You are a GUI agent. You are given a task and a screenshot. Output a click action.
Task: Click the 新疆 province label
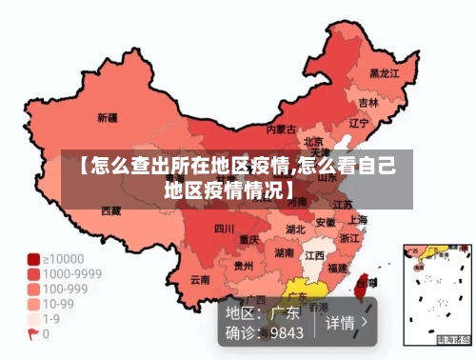(x=108, y=118)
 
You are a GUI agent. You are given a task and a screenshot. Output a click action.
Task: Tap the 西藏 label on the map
(x=111, y=210)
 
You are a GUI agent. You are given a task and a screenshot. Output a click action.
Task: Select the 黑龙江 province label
(x=384, y=72)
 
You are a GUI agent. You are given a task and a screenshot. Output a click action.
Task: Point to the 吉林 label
(x=368, y=102)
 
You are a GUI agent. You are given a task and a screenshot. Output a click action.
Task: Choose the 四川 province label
(x=224, y=229)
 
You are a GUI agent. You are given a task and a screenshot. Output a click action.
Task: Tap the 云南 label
(x=200, y=280)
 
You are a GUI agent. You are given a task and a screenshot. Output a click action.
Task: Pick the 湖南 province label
(x=284, y=253)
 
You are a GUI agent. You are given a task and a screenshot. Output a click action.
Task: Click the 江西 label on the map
(x=314, y=255)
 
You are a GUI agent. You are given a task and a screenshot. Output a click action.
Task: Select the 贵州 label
(x=244, y=266)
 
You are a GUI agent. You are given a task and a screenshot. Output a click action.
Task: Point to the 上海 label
(x=357, y=219)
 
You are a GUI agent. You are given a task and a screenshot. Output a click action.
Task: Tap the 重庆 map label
(x=249, y=238)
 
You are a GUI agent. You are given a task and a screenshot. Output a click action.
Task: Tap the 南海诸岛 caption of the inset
(x=454, y=339)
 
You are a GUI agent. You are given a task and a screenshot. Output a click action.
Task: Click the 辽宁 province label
(x=359, y=123)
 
